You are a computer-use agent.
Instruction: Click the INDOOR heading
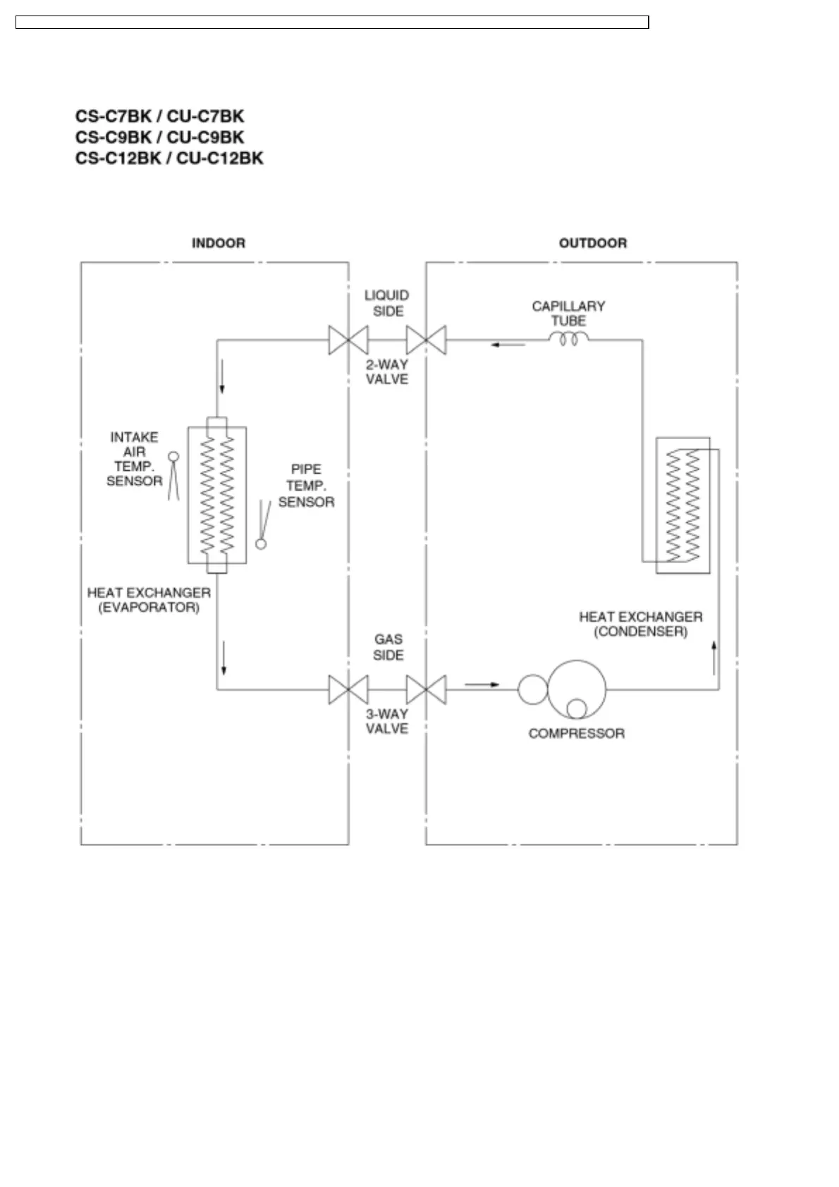point(219,243)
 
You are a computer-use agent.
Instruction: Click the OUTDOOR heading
point(592,243)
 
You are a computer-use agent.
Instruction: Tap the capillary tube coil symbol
point(568,340)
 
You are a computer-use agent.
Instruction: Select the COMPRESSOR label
point(576,734)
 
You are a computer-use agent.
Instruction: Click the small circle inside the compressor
point(577,708)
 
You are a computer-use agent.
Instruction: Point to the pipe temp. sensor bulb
point(261,544)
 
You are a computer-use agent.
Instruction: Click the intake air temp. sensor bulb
point(173,457)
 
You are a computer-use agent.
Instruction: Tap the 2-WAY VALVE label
point(387,371)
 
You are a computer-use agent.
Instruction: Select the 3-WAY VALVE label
point(387,721)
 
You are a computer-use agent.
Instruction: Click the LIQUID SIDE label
point(387,303)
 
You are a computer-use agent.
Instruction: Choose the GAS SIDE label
point(388,647)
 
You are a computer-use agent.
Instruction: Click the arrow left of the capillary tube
point(508,345)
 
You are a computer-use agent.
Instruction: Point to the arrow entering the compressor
point(482,684)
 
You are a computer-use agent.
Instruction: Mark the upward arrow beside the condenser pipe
point(714,657)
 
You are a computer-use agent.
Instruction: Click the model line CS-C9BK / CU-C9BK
point(160,137)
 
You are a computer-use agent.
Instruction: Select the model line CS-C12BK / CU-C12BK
point(169,158)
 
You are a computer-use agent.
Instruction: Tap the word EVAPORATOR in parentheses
point(149,608)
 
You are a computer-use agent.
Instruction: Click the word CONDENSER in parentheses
point(640,632)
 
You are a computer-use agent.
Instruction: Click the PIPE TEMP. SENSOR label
point(306,486)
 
